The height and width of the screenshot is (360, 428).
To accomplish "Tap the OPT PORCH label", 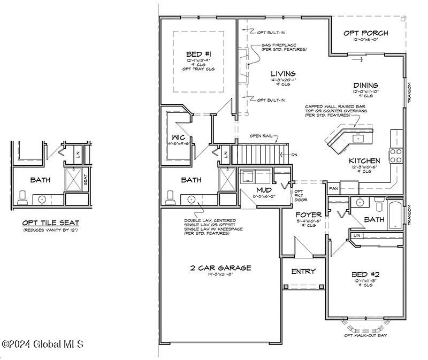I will click(x=366, y=33).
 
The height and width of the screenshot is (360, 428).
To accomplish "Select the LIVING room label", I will click(x=283, y=73).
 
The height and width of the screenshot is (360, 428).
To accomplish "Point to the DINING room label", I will click(x=366, y=85).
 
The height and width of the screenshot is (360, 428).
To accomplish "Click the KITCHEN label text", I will click(x=365, y=160).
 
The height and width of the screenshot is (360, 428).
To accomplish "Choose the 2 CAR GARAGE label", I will click(x=220, y=268).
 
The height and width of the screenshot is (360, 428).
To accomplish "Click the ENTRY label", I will click(x=303, y=271).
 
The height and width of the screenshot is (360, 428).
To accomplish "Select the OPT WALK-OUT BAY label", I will click(x=365, y=335).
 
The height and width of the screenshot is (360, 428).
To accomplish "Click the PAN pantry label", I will click(x=333, y=188).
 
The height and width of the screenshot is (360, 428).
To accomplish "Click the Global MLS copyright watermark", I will click(x=43, y=344).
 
